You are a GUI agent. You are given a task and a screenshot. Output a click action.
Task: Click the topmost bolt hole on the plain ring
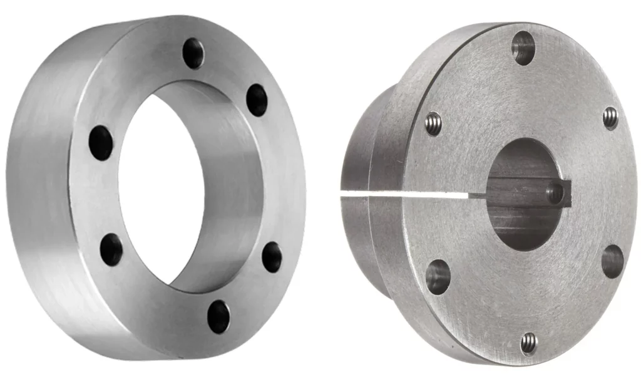pos(193,53)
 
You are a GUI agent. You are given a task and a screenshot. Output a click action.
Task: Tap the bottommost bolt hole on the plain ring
pos(218,316)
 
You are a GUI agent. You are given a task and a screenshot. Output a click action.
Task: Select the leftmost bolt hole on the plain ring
pos(101,143)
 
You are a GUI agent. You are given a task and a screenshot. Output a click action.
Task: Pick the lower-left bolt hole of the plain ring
pos(111,249)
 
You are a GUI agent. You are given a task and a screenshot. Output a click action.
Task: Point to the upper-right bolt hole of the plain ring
pos(257,100)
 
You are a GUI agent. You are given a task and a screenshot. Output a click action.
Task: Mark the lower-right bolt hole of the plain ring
pos(272,257)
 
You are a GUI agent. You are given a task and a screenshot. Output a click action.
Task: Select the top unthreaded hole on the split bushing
pos(523,48)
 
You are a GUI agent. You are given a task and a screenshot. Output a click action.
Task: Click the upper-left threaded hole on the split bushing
pos(433,123)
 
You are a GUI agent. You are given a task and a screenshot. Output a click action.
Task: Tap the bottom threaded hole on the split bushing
pos(529,343)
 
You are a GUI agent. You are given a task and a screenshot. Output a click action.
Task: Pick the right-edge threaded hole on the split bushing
pos(610,118)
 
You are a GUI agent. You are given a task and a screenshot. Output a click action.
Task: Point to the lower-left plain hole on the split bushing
pos(438,276)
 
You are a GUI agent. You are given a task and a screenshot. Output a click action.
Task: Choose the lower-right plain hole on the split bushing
pos(612,261)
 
